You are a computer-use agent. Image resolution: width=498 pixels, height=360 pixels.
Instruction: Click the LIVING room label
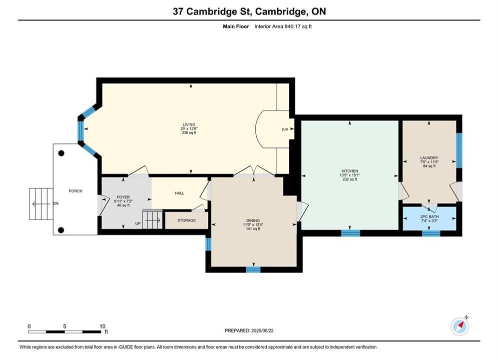(x=189, y=124)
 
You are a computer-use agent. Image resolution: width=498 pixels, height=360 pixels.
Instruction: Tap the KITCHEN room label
(x=350, y=171)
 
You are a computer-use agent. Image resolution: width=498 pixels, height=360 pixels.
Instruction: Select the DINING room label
(x=253, y=220)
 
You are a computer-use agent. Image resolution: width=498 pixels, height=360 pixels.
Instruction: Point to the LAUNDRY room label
(x=429, y=157)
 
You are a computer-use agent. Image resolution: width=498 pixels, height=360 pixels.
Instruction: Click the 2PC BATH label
(x=429, y=216)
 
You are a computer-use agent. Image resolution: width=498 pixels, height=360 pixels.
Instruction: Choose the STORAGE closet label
(x=186, y=220)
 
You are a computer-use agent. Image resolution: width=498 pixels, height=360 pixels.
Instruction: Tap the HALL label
(x=180, y=193)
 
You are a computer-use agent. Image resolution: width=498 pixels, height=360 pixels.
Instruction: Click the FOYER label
(x=123, y=197)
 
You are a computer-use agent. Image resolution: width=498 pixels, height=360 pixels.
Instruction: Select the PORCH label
(x=76, y=191)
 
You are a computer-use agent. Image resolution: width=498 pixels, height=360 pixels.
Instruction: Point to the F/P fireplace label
(x=285, y=129)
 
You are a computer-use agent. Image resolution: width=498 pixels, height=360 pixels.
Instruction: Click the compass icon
(x=459, y=325)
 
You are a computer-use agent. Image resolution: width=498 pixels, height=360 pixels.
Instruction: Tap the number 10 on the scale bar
(x=102, y=326)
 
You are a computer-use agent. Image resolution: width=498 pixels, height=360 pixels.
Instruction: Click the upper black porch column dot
(x=61, y=153)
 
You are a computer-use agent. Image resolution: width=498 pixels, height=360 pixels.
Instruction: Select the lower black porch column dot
(x=61, y=230)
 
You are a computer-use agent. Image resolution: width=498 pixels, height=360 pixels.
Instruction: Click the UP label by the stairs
(x=138, y=223)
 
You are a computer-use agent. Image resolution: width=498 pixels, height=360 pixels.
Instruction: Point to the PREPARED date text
(x=249, y=330)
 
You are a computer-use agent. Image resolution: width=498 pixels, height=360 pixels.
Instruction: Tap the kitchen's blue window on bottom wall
(x=351, y=233)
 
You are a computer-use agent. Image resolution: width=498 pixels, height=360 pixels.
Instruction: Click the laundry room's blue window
(x=459, y=150)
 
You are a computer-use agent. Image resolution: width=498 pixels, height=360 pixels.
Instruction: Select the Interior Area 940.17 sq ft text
(x=283, y=26)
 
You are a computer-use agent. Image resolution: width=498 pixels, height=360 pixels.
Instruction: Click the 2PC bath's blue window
(x=431, y=233)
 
